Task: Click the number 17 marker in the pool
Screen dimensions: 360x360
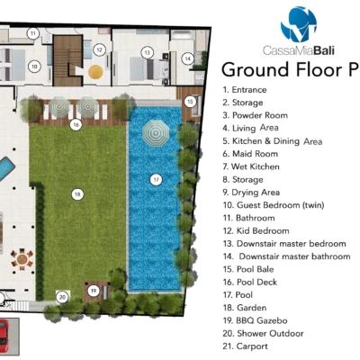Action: tap(156, 180)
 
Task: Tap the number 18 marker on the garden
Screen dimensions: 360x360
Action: tap(77, 194)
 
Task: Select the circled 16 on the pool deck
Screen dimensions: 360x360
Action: tap(76, 124)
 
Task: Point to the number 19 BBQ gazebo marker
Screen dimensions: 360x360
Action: tap(94, 291)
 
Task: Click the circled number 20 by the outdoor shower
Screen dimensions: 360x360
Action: tap(62, 297)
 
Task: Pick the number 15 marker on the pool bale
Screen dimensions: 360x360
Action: tap(190, 102)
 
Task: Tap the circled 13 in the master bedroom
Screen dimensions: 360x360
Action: tap(147, 53)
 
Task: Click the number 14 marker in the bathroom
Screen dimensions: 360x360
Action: tap(187, 58)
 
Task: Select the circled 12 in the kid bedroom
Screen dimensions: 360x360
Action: tap(99, 49)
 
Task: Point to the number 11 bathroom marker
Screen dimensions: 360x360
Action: tap(33, 33)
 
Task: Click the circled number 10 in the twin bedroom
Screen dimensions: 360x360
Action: tap(34, 67)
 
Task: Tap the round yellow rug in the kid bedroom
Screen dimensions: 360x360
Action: tap(95, 72)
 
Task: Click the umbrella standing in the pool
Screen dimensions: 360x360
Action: tap(156, 133)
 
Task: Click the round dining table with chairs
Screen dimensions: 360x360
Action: tap(22, 258)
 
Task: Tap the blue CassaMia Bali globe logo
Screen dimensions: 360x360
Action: tap(299, 24)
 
